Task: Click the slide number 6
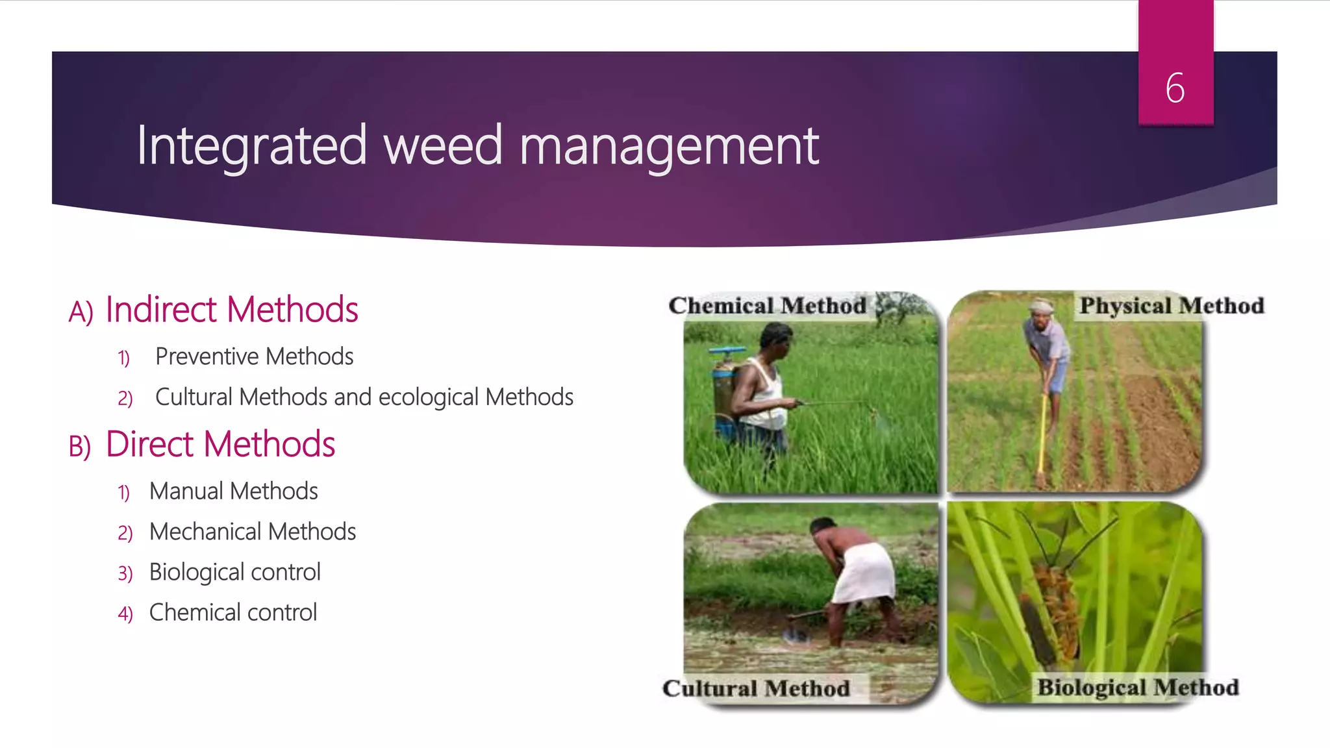point(1175,88)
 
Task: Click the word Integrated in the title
point(252,145)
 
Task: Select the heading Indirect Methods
point(232,310)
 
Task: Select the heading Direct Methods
point(220,445)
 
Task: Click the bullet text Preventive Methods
point(254,356)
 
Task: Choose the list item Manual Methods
point(233,492)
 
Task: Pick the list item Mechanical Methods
point(252,532)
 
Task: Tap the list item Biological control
point(234,572)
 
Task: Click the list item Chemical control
point(232,612)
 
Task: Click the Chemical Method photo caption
point(767,306)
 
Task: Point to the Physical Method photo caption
point(1172,306)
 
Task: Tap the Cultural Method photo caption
point(756,688)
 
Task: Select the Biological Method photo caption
point(1138,687)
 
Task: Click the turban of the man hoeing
point(1041,305)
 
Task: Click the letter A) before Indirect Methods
point(81,312)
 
